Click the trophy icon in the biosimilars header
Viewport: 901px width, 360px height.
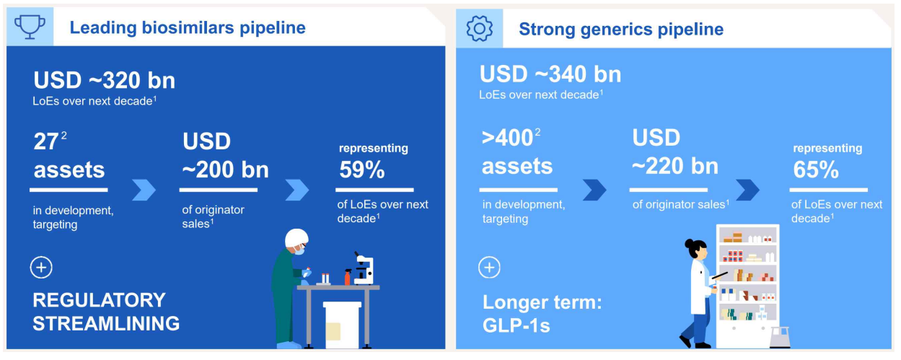point(30,27)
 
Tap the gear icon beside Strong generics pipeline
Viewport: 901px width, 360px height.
point(479,29)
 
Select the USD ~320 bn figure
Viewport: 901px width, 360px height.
point(105,80)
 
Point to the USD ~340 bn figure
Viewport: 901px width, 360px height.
point(550,74)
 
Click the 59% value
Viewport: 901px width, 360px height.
point(362,170)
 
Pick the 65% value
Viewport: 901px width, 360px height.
point(816,170)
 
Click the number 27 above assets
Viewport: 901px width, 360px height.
point(46,141)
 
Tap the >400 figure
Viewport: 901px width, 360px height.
point(508,139)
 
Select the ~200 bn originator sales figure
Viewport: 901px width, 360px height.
point(225,170)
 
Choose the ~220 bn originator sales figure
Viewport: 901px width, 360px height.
point(675,166)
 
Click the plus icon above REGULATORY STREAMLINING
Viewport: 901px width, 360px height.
point(41,268)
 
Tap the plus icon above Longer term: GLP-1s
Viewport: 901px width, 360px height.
point(490,268)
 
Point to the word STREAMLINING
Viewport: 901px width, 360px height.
point(106,324)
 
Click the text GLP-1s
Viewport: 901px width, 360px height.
point(516,326)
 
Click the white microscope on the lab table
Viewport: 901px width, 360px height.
point(364,268)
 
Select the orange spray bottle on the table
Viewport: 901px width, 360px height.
point(348,277)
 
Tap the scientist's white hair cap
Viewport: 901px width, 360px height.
point(296,238)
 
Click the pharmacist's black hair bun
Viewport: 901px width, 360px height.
point(690,244)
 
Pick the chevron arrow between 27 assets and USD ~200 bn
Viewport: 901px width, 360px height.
point(144,190)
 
